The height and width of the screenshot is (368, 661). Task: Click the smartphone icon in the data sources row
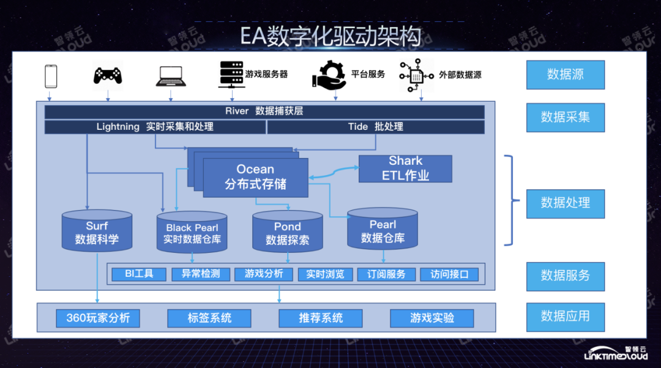[x=51, y=77]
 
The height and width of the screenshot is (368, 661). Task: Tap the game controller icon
[x=108, y=75]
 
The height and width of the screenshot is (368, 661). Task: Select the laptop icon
[x=171, y=75]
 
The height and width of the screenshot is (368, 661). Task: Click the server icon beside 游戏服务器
[x=231, y=75]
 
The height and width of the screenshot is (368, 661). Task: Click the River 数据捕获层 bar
[x=264, y=111]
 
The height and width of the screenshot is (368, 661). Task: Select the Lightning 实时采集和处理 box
[x=155, y=127]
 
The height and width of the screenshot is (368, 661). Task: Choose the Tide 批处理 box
[x=375, y=127]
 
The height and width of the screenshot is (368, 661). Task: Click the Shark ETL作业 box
[x=405, y=168]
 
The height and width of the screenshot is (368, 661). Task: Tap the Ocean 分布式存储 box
[x=255, y=177]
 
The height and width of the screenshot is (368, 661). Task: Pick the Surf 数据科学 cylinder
[x=97, y=232]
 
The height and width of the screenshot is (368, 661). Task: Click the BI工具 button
[x=139, y=274]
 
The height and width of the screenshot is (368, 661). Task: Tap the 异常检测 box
[x=200, y=274]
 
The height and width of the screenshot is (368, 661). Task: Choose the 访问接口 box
[x=449, y=274]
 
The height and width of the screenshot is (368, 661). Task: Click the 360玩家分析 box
[x=98, y=318]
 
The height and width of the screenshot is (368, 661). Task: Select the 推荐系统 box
[x=321, y=318]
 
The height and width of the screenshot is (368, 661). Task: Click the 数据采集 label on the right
[x=565, y=117]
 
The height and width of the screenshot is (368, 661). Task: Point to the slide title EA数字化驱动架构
[x=330, y=36]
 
